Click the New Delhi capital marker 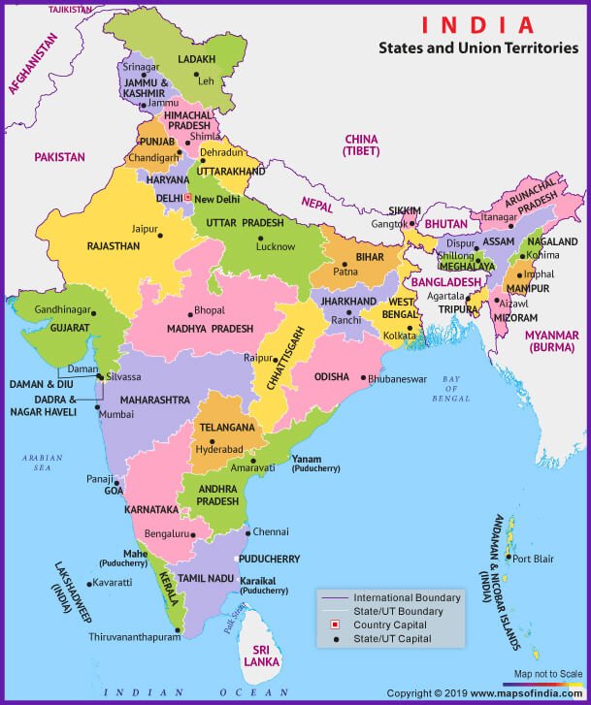tap(188, 199)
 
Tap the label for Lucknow tap(275, 247)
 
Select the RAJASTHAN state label tap(114, 247)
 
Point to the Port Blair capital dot tap(508, 558)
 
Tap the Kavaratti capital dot tap(89, 584)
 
